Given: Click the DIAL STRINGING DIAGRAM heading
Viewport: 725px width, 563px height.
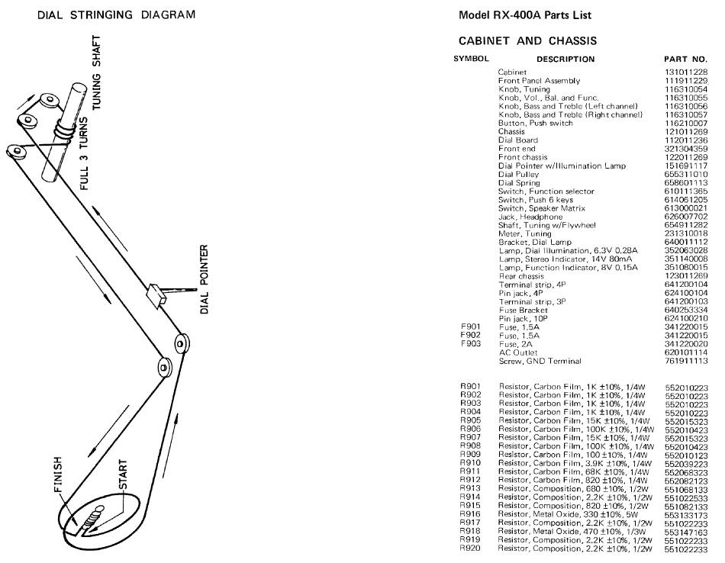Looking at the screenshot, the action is pyautogui.click(x=116, y=14).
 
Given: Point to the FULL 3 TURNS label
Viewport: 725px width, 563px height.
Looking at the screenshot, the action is pyautogui.click(x=84, y=153).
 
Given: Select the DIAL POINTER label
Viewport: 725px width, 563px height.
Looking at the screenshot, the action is pyautogui.click(x=204, y=279).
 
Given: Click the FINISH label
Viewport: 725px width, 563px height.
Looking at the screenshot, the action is pyautogui.click(x=57, y=475).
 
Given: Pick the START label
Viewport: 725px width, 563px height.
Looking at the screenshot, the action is pyautogui.click(x=123, y=475).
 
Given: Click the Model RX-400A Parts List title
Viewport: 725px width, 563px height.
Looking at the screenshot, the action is pyautogui.click(x=525, y=14).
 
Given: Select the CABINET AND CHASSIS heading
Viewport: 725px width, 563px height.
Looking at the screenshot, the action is pyautogui.click(x=527, y=40).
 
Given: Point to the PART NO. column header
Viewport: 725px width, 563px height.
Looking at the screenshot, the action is pyautogui.click(x=686, y=60).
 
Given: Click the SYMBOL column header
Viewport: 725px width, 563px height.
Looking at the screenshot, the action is pyautogui.click(x=471, y=59).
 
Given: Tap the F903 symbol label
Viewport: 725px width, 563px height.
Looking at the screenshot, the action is pyautogui.click(x=471, y=344).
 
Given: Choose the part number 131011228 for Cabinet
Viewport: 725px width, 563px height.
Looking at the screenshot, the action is pyautogui.click(x=686, y=72).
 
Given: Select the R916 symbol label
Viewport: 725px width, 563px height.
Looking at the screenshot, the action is pyautogui.click(x=470, y=514).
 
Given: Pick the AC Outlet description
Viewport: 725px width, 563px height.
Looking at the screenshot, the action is pyautogui.click(x=518, y=352).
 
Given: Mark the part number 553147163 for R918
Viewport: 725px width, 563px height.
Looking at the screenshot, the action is pyautogui.click(x=687, y=532).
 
